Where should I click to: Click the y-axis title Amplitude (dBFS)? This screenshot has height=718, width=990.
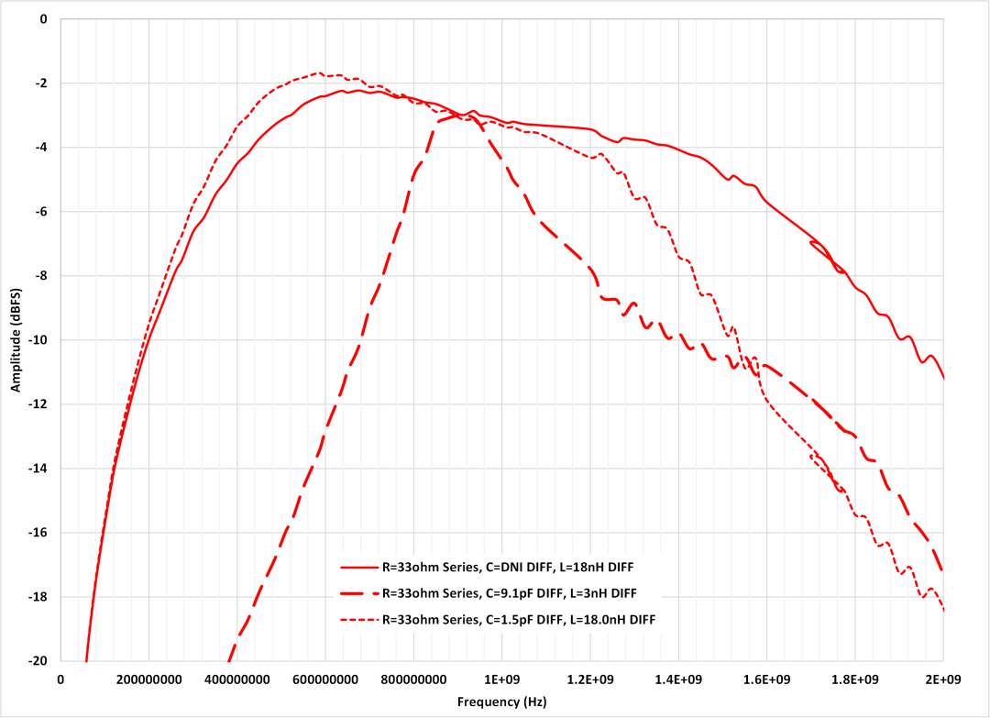click(x=16, y=339)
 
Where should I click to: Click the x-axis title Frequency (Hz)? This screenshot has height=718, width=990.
click(x=502, y=701)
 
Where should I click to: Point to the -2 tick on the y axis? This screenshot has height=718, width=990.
click(x=41, y=83)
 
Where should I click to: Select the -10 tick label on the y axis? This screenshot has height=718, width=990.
click(x=38, y=340)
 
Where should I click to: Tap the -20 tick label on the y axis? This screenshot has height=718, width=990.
click(x=38, y=661)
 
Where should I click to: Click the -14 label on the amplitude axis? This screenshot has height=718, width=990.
click(x=38, y=469)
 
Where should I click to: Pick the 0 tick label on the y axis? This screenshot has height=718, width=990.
click(x=44, y=19)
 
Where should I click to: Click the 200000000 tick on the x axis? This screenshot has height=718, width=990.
click(x=148, y=679)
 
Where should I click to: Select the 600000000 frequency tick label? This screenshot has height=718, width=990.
click(x=325, y=679)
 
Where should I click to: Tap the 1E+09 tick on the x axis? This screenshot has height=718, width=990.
click(x=502, y=679)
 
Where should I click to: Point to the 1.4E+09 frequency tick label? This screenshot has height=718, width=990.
click(x=679, y=679)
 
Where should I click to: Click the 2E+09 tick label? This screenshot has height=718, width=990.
click(x=944, y=679)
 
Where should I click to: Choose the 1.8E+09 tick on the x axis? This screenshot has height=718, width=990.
click(x=855, y=679)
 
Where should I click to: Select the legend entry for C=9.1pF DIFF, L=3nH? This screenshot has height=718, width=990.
click(x=509, y=592)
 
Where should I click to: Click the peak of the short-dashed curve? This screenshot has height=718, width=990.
click(x=317, y=72)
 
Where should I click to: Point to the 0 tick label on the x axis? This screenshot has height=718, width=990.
click(x=60, y=679)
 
